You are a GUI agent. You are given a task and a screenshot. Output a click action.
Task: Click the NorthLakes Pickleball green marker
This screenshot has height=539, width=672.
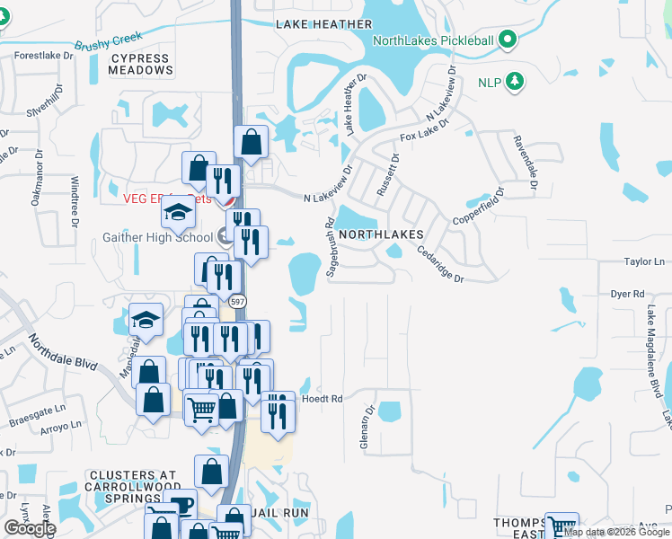coord(508,39)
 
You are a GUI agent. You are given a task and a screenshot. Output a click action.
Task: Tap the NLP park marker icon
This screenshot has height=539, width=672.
coord(515,83)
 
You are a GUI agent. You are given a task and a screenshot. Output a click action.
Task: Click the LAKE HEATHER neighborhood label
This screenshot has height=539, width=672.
coord(323,24)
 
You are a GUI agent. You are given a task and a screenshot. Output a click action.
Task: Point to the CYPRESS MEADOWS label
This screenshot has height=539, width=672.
coord(141,63)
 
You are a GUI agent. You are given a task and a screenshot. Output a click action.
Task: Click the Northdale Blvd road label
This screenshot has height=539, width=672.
coord(60,355)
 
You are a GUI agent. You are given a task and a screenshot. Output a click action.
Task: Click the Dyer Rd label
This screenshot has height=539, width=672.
coord(628,294)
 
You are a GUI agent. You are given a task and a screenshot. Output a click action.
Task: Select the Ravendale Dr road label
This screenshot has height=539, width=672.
coord(525,163)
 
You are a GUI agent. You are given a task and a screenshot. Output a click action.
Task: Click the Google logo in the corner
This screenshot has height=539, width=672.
coord(29,528)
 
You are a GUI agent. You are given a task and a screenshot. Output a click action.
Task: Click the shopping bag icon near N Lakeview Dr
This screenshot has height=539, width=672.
coord(251,142)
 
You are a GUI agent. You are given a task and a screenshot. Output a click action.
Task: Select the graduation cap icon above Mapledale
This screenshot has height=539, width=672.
coord(146,320)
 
